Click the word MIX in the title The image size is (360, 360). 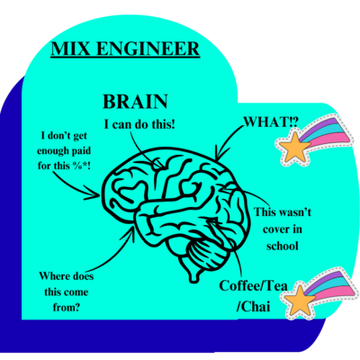tap(71, 48)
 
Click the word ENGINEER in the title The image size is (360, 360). tap(146, 48)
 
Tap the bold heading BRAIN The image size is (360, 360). tap(134, 102)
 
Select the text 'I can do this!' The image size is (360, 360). tap(141, 123)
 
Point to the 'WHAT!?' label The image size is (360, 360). tap(270, 122)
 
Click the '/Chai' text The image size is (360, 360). tap(255, 304)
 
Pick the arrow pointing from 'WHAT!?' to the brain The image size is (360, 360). tap(230, 143)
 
